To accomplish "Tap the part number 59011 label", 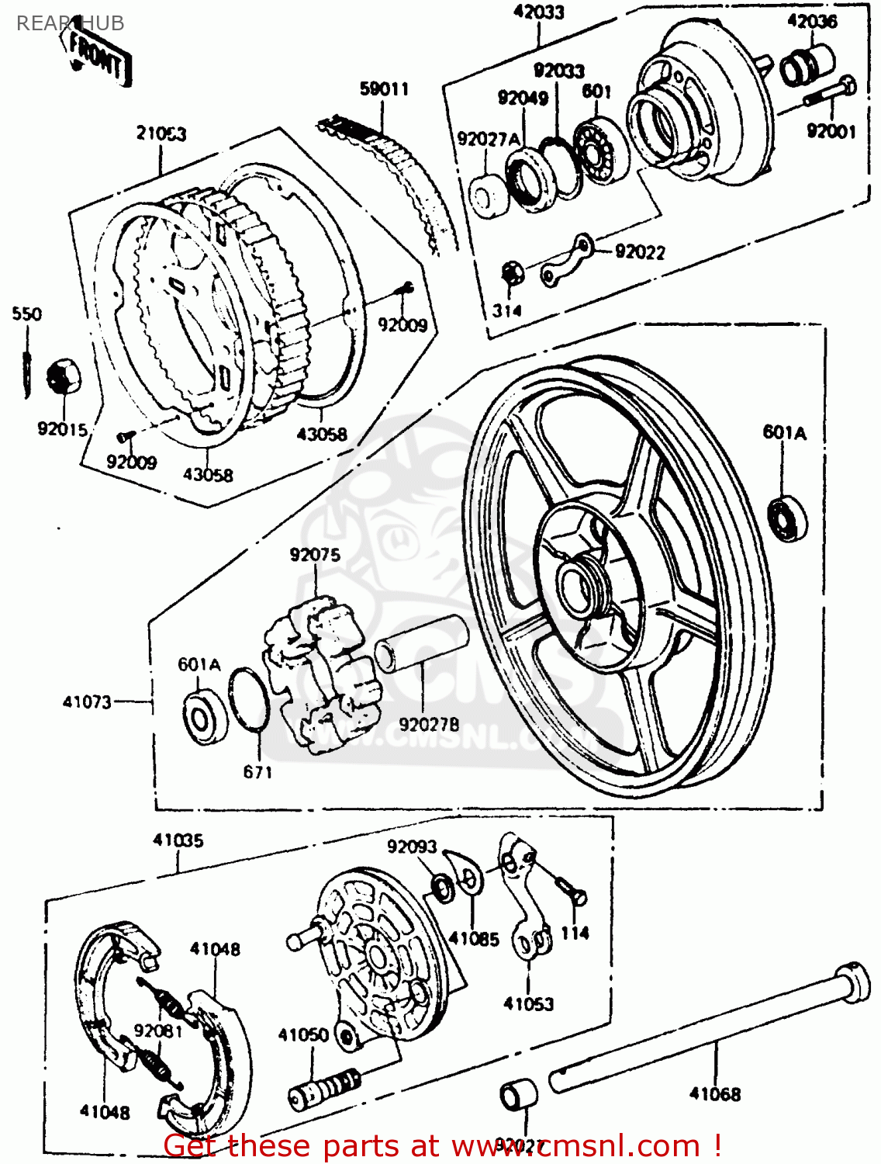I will [384, 89].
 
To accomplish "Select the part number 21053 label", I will [161, 133].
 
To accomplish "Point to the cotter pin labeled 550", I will [27, 365].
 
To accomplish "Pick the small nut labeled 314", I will [510, 273].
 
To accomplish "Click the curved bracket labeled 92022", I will [568, 259].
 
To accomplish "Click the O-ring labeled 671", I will [249, 699].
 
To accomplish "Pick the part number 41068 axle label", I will [714, 1094].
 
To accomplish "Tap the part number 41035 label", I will [178, 840].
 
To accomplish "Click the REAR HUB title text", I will [70, 23].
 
